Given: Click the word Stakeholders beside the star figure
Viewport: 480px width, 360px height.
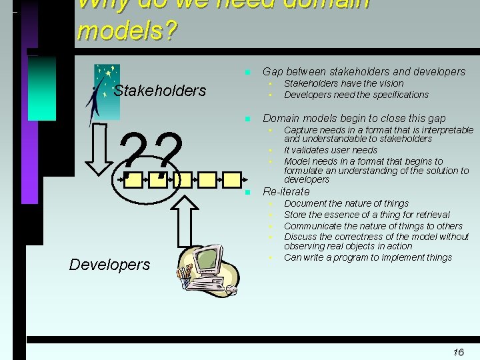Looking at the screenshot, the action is pyautogui.click(x=160, y=91).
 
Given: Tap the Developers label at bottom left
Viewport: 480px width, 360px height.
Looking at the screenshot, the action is pyautogui.click(x=109, y=265).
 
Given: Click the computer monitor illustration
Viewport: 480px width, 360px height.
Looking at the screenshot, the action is pyautogui.click(x=207, y=261).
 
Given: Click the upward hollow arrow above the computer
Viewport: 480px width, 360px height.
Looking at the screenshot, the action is pyautogui.click(x=189, y=221).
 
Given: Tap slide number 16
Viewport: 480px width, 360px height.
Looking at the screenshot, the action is pyautogui.click(x=458, y=352).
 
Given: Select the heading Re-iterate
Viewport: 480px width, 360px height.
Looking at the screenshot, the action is pyautogui.click(x=286, y=192).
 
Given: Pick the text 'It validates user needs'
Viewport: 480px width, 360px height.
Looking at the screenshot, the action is pyautogui.click(x=331, y=150).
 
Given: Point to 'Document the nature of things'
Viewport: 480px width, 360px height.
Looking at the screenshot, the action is pyautogui.click(x=347, y=203).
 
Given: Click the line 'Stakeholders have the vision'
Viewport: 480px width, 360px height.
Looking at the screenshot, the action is pyautogui.click(x=344, y=83).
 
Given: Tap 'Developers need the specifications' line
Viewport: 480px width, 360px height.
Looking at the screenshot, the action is pyautogui.click(x=357, y=95).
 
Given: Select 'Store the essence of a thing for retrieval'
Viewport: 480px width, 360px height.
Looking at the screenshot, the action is pyautogui.click(x=367, y=215).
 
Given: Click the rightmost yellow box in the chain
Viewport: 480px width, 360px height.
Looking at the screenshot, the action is pyautogui.click(x=231, y=179).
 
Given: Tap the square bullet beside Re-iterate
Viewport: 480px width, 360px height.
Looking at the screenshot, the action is pyautogui.click(x=247, y=192).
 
